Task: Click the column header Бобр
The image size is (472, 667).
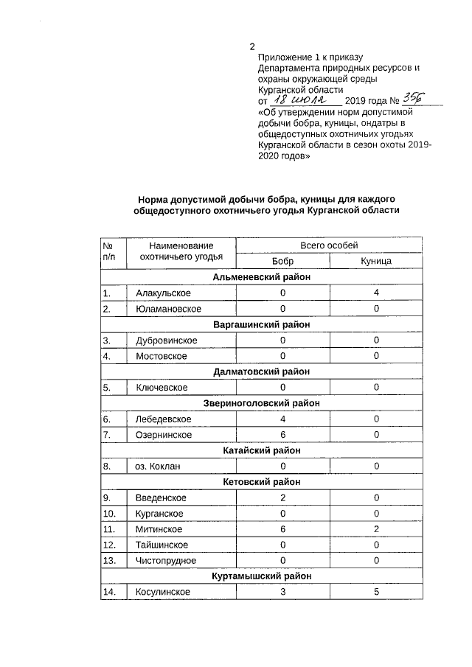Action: coord(282,261)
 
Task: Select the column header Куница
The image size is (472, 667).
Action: coord(375,261)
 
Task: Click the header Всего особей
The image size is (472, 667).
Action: coord(329,245)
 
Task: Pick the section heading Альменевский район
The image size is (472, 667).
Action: coord(262,277)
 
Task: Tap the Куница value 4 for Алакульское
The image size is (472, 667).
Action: coord(375,293)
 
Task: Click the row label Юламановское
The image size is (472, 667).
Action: coord(168,309)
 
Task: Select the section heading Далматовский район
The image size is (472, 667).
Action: coord(262,372)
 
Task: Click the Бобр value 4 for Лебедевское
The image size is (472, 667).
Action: coord(282,419)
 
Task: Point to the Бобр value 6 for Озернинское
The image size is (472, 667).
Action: coord(282,435)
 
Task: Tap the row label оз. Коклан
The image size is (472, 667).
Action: coord(158,467)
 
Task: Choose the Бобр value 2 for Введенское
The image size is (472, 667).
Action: coord(282,498)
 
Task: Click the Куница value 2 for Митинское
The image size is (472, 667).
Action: coord(375,529)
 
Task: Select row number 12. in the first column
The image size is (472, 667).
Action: coord(110,545)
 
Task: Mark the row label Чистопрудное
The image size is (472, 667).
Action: coord(167,561)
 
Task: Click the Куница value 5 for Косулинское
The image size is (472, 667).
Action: coord(375,593)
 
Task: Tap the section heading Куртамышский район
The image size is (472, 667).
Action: coord(262,576)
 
